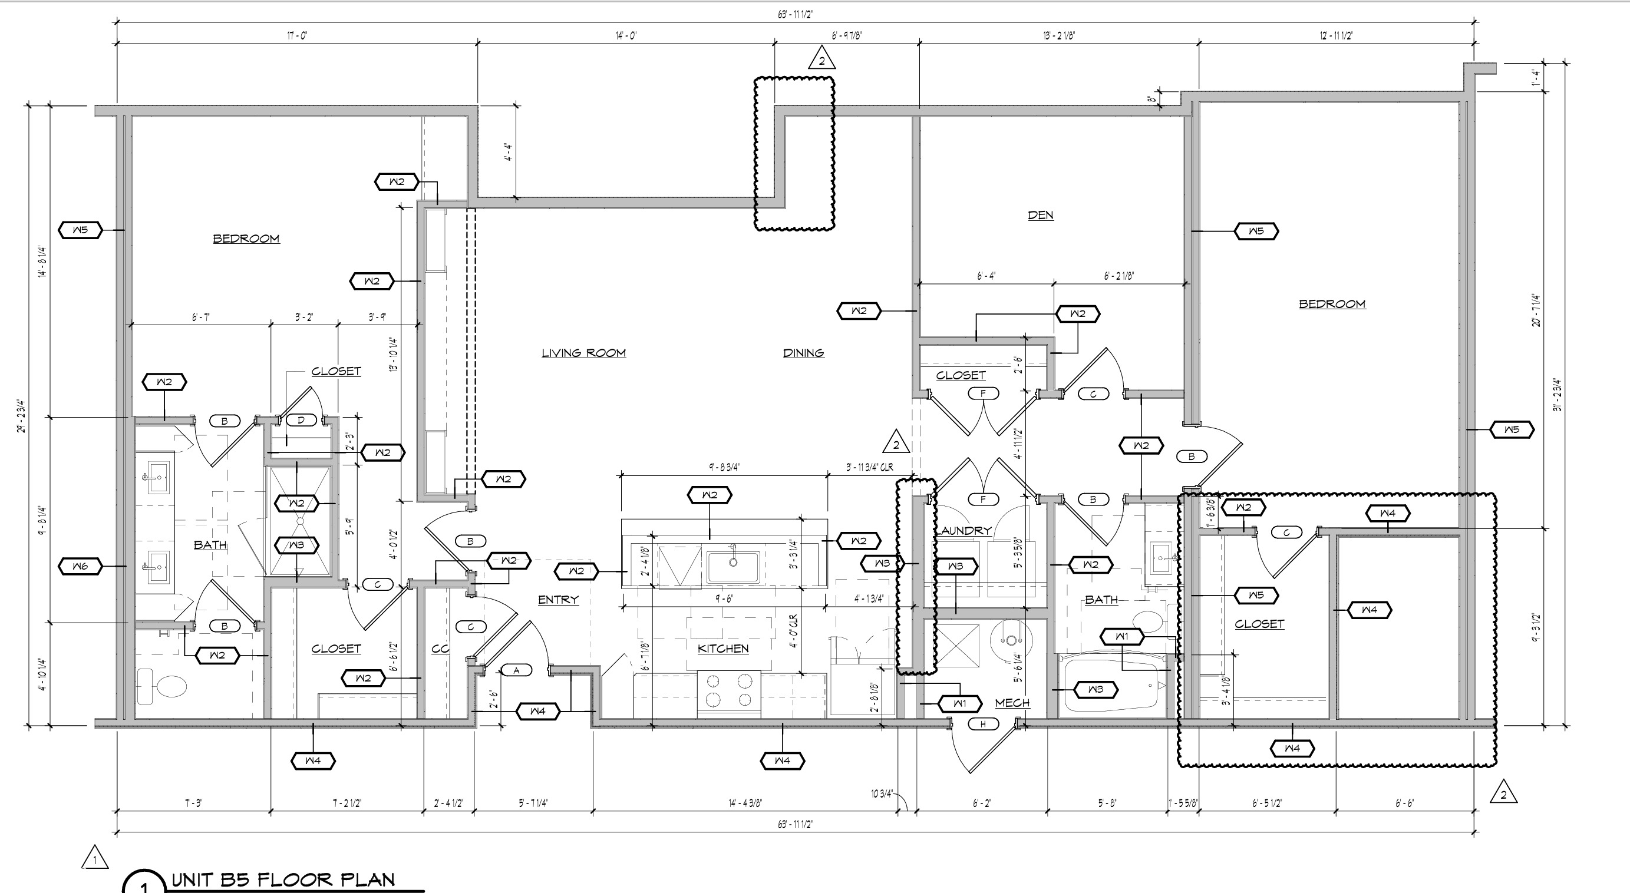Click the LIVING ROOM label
tap(583, 353)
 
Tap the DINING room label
tap(803, 353)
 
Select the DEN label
tap(1040, 215)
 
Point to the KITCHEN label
tap(722, 649)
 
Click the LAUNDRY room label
tap(963, 531)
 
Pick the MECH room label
tap(1012, 703)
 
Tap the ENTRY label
tap(557, 600)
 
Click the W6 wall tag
tap(80, 567)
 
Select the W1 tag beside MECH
tap(959, 703)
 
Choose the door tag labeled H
tap(983, 724)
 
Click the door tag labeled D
tap(301, 420)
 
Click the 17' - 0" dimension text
tap(297, 35)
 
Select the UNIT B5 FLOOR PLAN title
tap(283, 879)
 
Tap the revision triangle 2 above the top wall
tap(821, 59)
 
